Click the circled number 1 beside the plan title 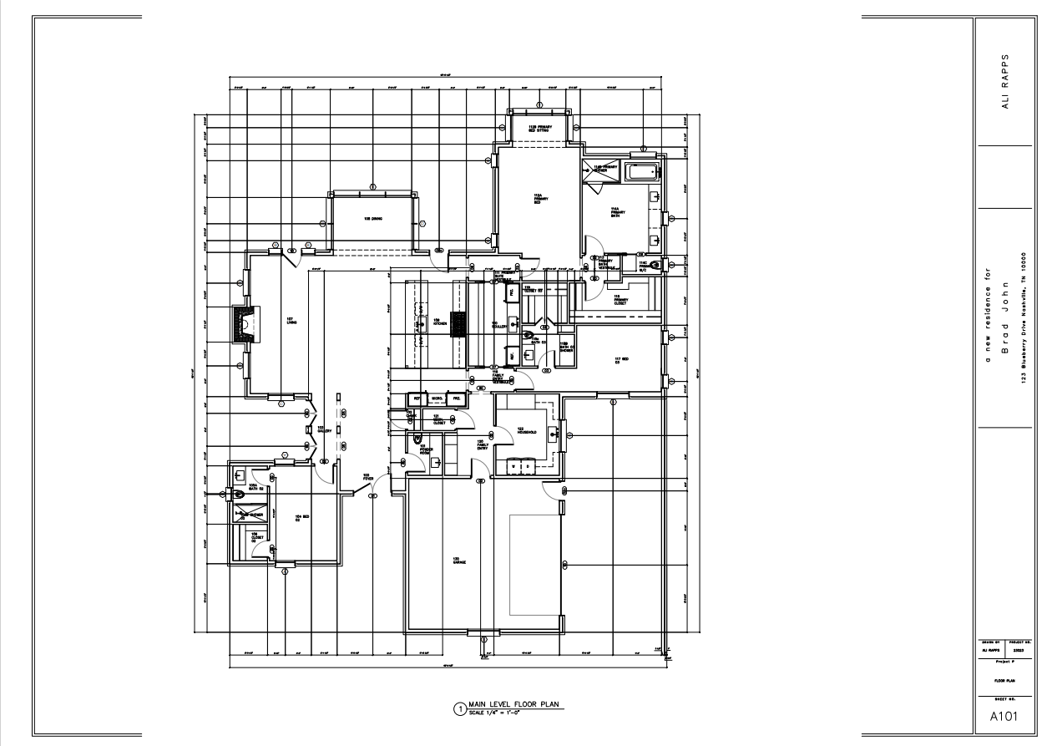[x=458, y=709]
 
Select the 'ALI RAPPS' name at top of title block [x=1005, y=82]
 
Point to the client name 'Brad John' [x=1005, y=317]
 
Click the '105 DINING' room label [x=372, y=219]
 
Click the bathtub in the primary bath [x=642, y=172]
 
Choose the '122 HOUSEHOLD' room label [x=526, y=430]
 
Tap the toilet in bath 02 [x=240, y=494]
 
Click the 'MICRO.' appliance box [x=437, y=398]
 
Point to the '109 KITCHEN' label [x=437, y=322]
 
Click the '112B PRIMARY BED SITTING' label [x=539, y=129]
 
